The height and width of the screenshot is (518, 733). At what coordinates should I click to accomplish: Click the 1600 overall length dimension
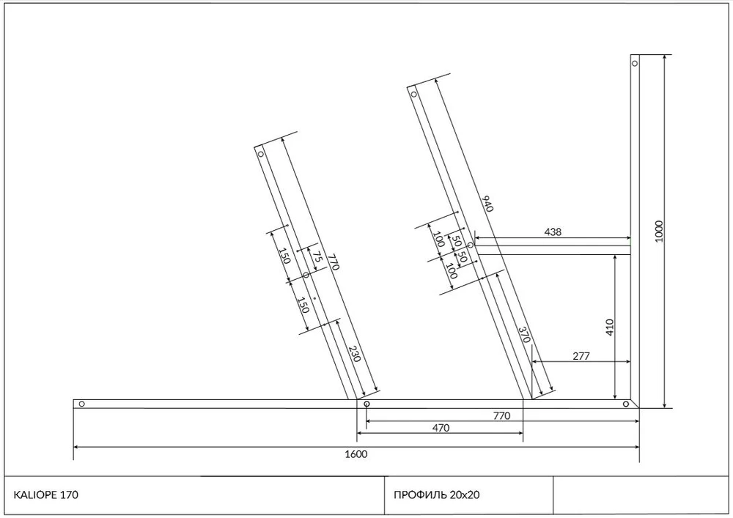click(356, 454)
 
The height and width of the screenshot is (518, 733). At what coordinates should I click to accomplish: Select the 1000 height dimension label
click(659, 232)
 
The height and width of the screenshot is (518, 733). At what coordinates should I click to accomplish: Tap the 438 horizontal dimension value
click(553, 232)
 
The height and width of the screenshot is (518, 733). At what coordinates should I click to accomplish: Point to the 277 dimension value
click(581, 356)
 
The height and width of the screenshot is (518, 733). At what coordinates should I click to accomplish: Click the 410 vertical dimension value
click(609, 328)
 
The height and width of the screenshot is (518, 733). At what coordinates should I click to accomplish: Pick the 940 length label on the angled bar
click(487, 204)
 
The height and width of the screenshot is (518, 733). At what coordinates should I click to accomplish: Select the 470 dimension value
click(441, 427)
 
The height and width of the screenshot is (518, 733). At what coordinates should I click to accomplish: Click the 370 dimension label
click(525, 334)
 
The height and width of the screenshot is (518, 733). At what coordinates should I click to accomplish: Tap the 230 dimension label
click(355, 354)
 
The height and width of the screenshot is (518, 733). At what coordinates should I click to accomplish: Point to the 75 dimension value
click(317, 256)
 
